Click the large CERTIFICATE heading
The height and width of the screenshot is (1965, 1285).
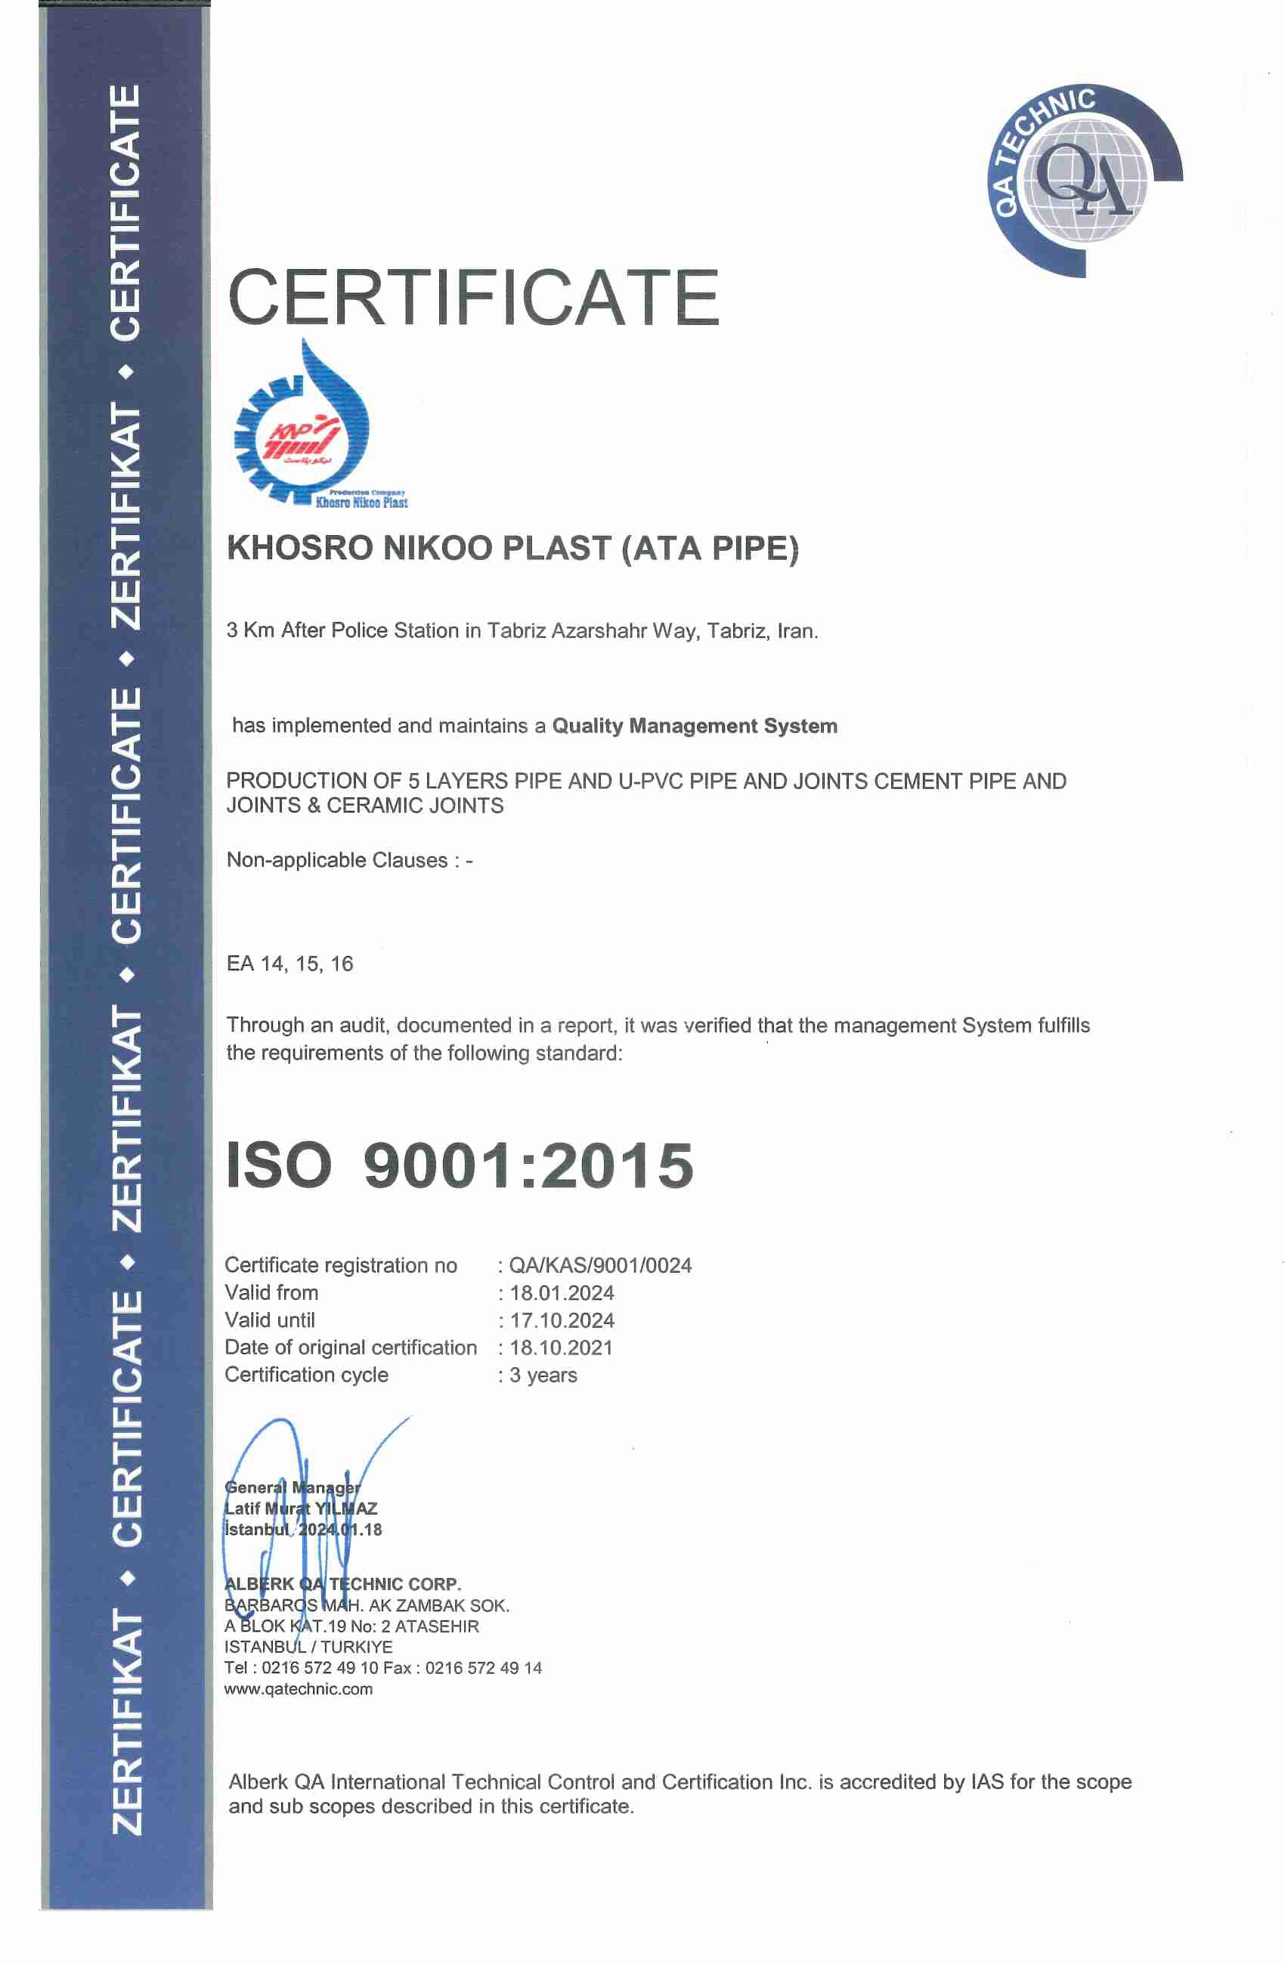[x=473, y=297]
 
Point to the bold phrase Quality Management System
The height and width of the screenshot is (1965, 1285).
[x=695, y=726]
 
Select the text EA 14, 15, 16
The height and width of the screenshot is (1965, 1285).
[x=290, y=964]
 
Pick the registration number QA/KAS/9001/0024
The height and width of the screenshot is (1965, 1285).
[x=600, y=1266]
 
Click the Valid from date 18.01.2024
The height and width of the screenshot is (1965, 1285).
[x=562, y=1293]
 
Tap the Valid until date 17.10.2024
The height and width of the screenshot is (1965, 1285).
[x=562, y=1320]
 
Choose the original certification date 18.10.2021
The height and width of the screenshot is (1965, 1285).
[x=562, y=1348]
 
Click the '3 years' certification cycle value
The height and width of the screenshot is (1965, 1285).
[x=543, y=1375]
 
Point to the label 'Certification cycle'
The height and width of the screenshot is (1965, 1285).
[x=306, y=1375]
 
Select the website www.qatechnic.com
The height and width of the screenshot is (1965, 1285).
[x=298, y=1689]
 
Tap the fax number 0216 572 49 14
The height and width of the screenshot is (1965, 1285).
[x=484, y=1668]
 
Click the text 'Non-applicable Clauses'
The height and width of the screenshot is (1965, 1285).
[x=337, y=860]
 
